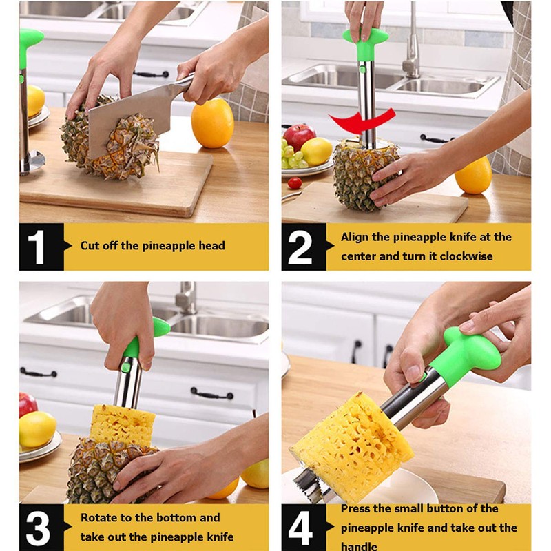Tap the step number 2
pyautogui.click(x=301, y=246)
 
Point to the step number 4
pyautogui.click(x=301, y=527)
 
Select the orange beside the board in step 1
pyautogui.click(x=211, y=123)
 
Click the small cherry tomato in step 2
pyautogui.click(x=295, y=183)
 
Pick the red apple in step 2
pyautogui.click(x=300, y=136)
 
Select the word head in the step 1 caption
pyautogui.click(x=211, y=246)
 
